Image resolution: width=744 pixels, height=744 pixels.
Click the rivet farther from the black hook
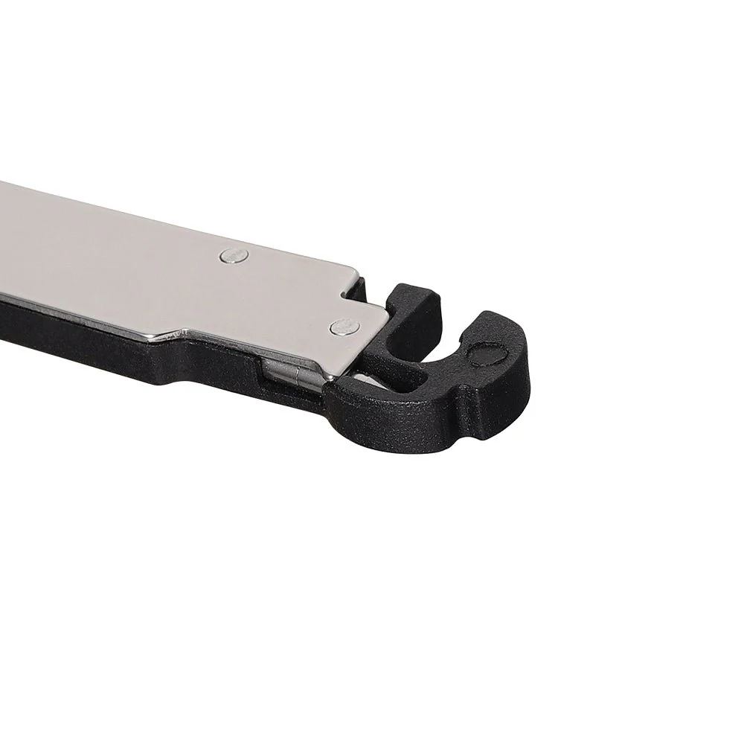pos(235,255)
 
